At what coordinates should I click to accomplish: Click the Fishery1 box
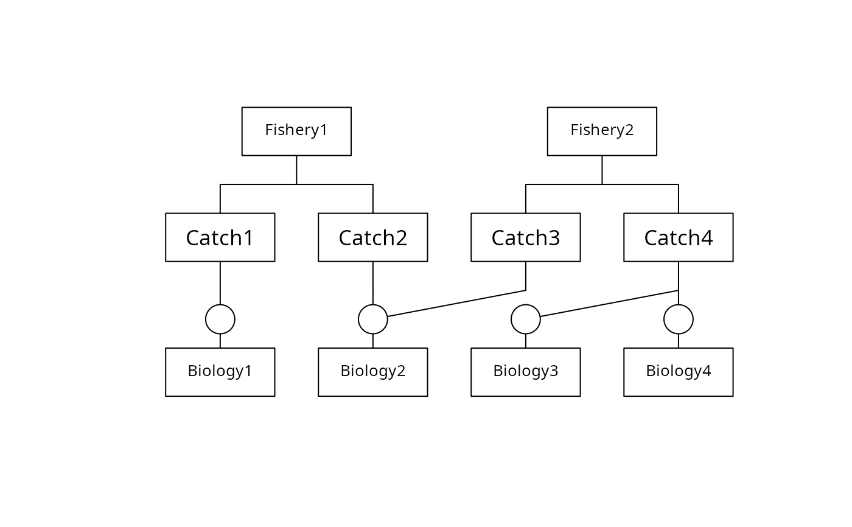296,131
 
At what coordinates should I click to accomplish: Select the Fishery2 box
602,131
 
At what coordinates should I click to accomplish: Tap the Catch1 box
220,237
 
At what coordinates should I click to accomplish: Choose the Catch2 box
372,237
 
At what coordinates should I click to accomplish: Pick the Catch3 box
526,237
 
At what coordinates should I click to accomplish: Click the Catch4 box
678,237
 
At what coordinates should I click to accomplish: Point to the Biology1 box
220,372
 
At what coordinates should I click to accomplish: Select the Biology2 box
372,372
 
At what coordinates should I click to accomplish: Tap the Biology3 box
526,372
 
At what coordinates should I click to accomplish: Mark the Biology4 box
678,372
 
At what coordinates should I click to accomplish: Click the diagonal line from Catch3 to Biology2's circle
456,304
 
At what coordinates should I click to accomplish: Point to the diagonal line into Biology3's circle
609,304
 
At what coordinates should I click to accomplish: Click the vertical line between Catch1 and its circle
220,283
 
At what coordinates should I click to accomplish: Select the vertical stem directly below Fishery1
296,170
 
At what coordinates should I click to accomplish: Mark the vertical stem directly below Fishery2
602,170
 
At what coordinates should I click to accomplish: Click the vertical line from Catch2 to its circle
372,283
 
